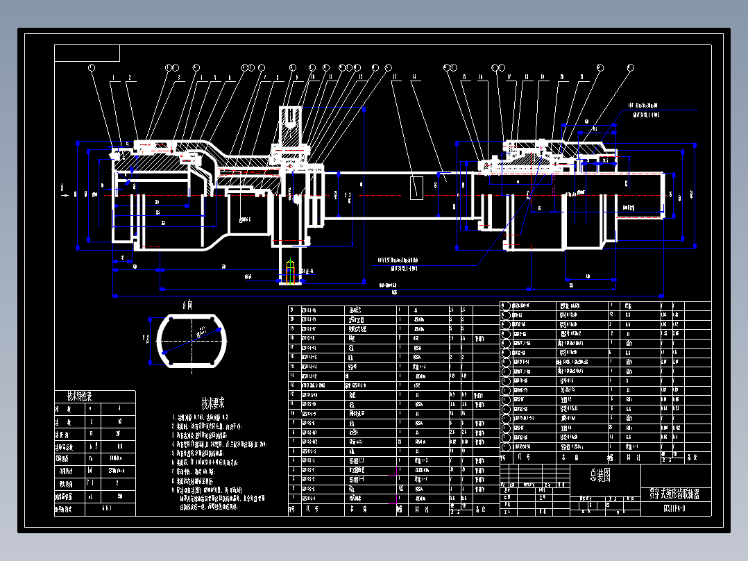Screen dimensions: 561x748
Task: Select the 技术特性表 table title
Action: pos(79,396)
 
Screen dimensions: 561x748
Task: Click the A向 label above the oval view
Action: pos(187,304)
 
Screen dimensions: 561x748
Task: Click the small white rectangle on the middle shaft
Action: pos(417,187)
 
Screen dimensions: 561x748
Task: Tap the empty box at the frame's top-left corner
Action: pos(87,53)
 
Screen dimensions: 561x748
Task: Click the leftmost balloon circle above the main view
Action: pos(92,67)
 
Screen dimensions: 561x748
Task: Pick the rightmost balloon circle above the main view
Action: pos(630,67)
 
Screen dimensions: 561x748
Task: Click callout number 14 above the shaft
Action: pos(414,77)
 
